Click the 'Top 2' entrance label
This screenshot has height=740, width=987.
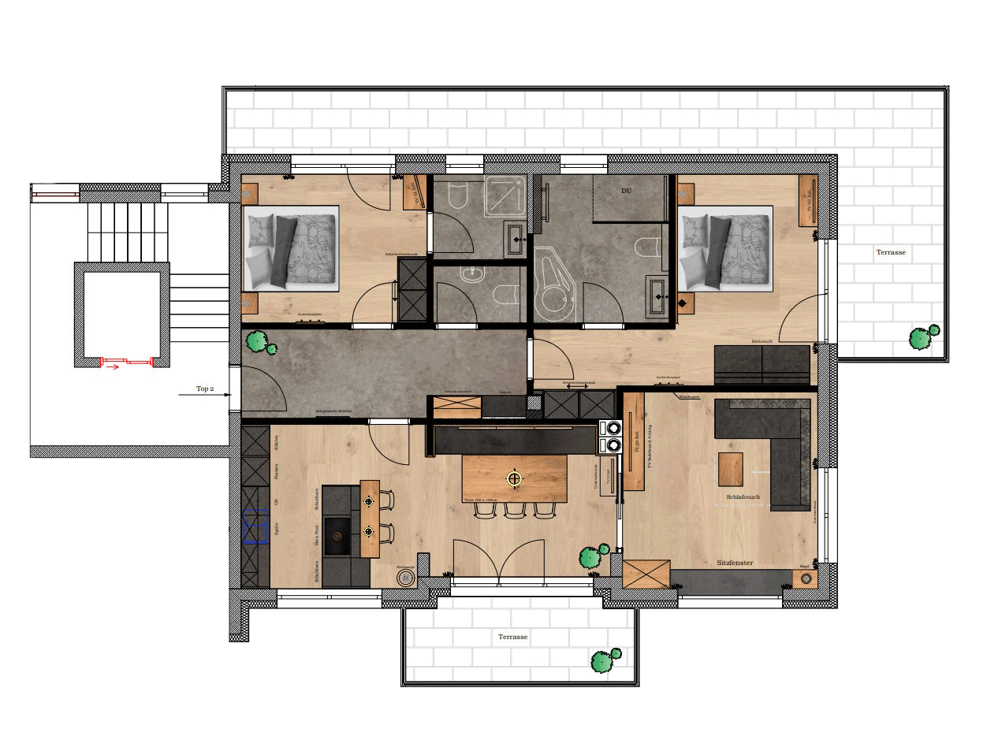[x=205, y=389]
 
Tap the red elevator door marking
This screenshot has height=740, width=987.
[x=126, y=362]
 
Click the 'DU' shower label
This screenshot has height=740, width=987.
[x=626, y=191]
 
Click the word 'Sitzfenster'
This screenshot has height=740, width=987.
[x=735, y=563]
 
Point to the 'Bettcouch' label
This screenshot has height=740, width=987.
[x=761, y=341]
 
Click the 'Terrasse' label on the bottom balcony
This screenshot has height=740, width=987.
[x=512, y=636]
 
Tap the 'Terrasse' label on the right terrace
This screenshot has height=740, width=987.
[x=890, y=253]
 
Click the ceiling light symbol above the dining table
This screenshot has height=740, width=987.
[x=514, y=478]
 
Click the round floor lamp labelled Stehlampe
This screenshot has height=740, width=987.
[x=405, y=578]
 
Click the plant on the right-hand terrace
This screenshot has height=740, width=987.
[x=922, y=337]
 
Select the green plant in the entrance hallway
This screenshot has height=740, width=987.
[x=259, y=343]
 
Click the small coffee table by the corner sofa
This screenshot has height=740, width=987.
[x=731, y=469]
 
